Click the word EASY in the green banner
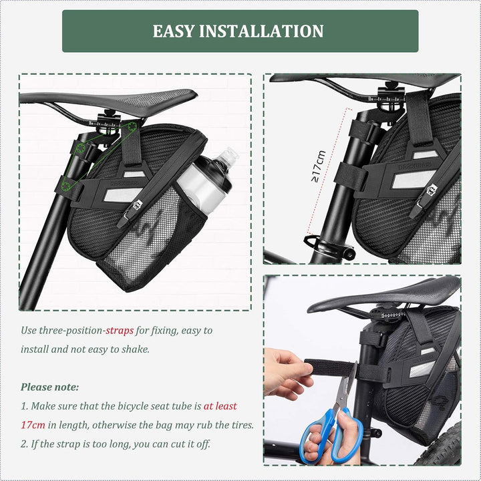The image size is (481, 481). click(176, 31)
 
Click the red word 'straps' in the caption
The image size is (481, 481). click(120, 331)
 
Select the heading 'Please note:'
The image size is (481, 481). click(50, 387)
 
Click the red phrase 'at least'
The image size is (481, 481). click(220, 406)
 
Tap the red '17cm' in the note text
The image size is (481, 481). click(34, 424)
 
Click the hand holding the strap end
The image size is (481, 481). click(286, 371)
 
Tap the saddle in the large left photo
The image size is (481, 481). click(107, 100)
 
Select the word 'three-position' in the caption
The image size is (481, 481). click(71, 331)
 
